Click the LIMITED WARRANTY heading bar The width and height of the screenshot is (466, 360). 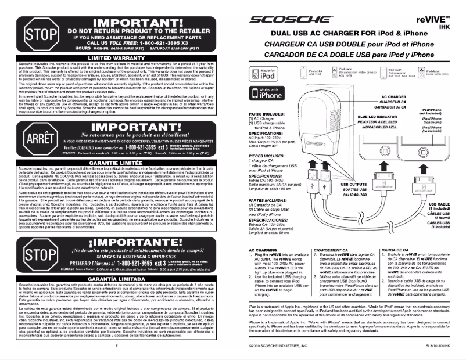click(x=124, y=58)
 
